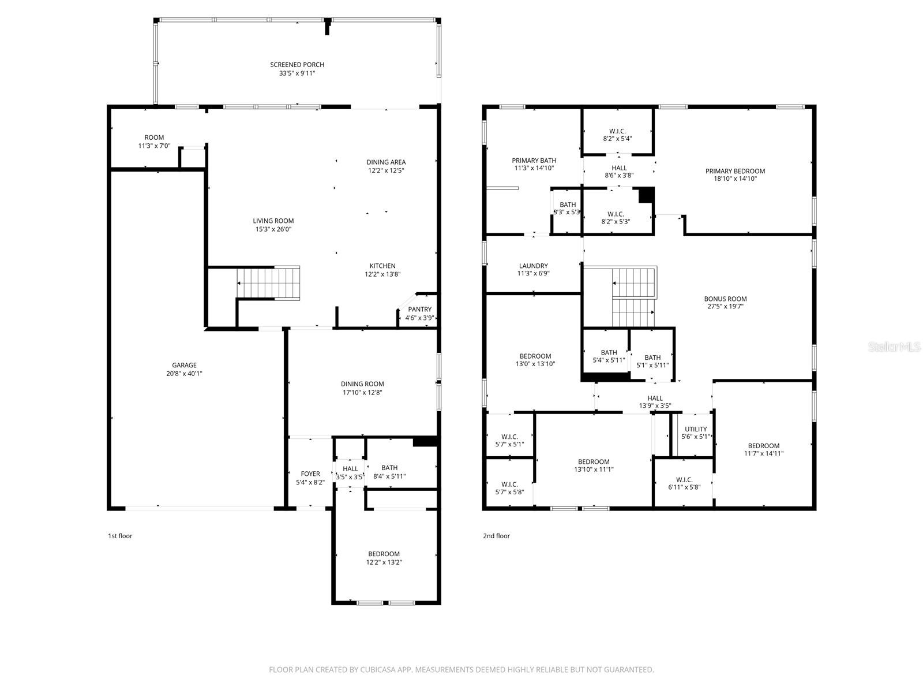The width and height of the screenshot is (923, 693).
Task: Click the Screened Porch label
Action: click(x=297, y=65)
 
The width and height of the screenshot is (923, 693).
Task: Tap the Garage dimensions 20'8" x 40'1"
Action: click(x=184, y=374)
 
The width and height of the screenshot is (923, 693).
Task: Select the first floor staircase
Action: click(x=269, y=283)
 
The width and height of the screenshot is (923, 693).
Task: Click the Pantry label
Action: click(x=419, y=310)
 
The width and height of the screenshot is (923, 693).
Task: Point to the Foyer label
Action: click(x=310, y=474)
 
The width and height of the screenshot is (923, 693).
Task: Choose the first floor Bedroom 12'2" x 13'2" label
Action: click(x=384, y=554)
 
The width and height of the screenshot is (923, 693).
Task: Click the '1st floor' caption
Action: click(x=120, y=536)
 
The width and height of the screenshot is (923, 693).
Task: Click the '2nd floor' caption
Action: click(x=496, y=536)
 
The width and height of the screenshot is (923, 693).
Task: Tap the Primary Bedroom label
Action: click(x=735, y=171)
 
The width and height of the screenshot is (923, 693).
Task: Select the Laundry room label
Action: click(x=533, y=266)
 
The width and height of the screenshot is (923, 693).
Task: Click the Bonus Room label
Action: click(x=725, y=299)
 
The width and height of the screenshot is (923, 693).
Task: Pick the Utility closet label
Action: click(x=696, y=429)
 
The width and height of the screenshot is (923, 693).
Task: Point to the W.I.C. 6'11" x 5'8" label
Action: click(x=684, y=479)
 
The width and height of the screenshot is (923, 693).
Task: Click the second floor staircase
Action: click(x=633, y=297)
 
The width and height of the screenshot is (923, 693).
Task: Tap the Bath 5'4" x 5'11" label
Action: click(x=609, y=352)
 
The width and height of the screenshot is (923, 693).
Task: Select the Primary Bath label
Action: click(x=534, y=161)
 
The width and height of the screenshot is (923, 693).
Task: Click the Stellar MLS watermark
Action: click(x=895, y=346)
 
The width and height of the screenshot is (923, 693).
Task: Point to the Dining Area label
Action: click(x=386, y=162)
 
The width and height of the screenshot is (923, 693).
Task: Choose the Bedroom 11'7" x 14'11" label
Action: click(x=763, y=445)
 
